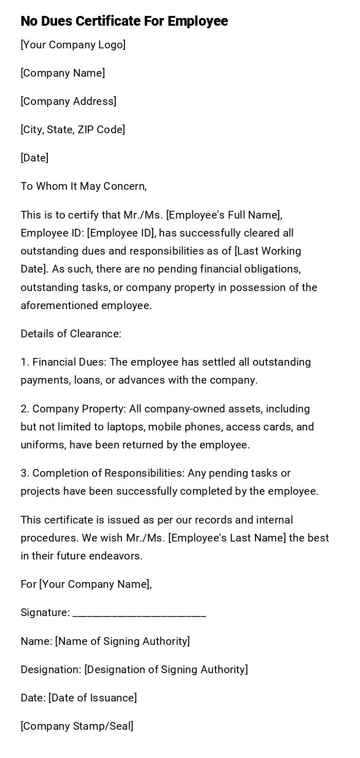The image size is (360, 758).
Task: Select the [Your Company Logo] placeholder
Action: pyautogui.click(x=73, y=45)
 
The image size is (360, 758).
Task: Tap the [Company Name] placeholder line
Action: pyautogui.click(x=63, y=73)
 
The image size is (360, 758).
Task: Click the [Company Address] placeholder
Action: pyautogui.click(x=68, y=101)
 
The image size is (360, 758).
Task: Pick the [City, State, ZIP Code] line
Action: pyautogui.click(x=73, y=130)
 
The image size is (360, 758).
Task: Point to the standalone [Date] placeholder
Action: pyautogui.click(x=34, y=158)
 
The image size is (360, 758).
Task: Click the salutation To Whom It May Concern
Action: pyautogui.click(x=83, y=186)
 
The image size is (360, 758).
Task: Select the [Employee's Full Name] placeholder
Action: pyautogui.click(x=224, y=215)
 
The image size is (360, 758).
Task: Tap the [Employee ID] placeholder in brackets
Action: pyautogui.click(x=121, y=233)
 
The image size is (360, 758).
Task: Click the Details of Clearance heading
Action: pyautogui.click(x=71, y=334)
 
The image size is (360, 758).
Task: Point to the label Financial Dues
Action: pyautogui.click(x=69, y=362)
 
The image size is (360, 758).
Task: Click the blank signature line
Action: pyautogui.click(x=139, y=613)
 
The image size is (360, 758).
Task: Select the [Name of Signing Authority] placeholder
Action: pyautogui.click(x=122, y=641)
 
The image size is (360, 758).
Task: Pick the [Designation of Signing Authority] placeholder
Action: pyautogui.click(x=166, y=670)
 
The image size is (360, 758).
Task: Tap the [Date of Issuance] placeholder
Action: pyautogui.click(x=93, y=698)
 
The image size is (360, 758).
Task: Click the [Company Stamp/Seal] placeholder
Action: pyautogui.click(x=77, y=726)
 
